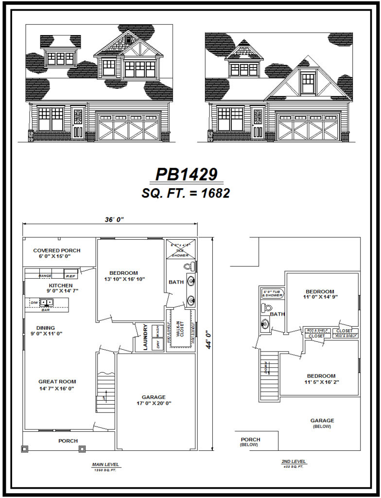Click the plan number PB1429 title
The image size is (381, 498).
(186, 175)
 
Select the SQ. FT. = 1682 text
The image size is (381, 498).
(186, 193)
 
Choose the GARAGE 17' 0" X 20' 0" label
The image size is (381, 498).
(154, 400)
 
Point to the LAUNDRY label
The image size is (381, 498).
(145, 338)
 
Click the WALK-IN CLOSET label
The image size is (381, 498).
(180, 330)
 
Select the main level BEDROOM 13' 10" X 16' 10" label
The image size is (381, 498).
(123, 276)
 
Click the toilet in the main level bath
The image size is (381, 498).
(190, 266)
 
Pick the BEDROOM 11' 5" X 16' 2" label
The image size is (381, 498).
(321, 379)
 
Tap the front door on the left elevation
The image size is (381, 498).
(78, 124)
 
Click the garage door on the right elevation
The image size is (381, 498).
(308, 127)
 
